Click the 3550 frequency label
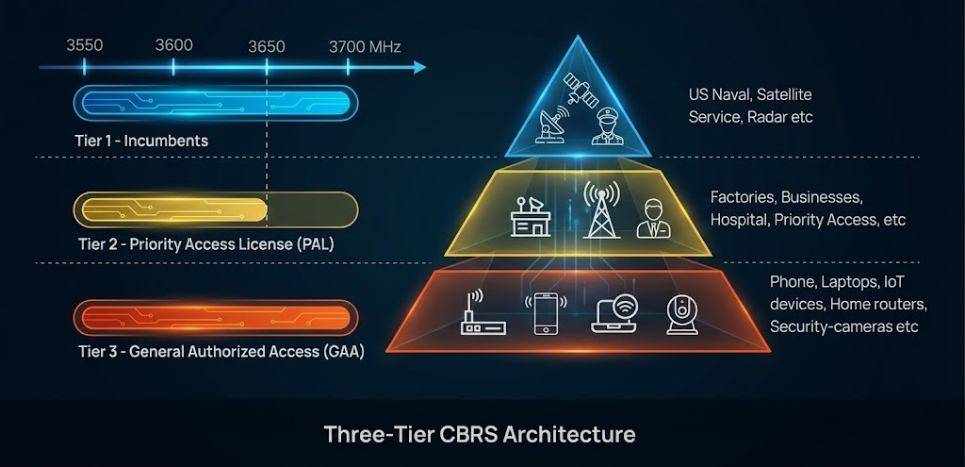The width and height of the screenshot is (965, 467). [84, 45]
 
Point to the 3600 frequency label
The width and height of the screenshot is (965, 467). [173, 45]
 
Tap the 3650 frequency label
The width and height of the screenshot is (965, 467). [267, 45]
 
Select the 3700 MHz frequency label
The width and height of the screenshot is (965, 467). [365, 45]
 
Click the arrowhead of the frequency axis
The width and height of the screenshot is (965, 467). [419, 67]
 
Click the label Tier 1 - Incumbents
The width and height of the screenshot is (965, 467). [141, 141]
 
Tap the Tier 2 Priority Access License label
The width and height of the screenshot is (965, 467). [205, 245]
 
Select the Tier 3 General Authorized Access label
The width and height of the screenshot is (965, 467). [221, 352]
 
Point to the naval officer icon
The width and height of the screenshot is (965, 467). [610, 126]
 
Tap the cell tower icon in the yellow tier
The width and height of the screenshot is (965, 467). [599, 210]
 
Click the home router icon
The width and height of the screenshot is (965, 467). [482, 315]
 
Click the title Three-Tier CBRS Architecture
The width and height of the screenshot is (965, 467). [480, 435]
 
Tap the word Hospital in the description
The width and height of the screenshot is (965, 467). [740, 220]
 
